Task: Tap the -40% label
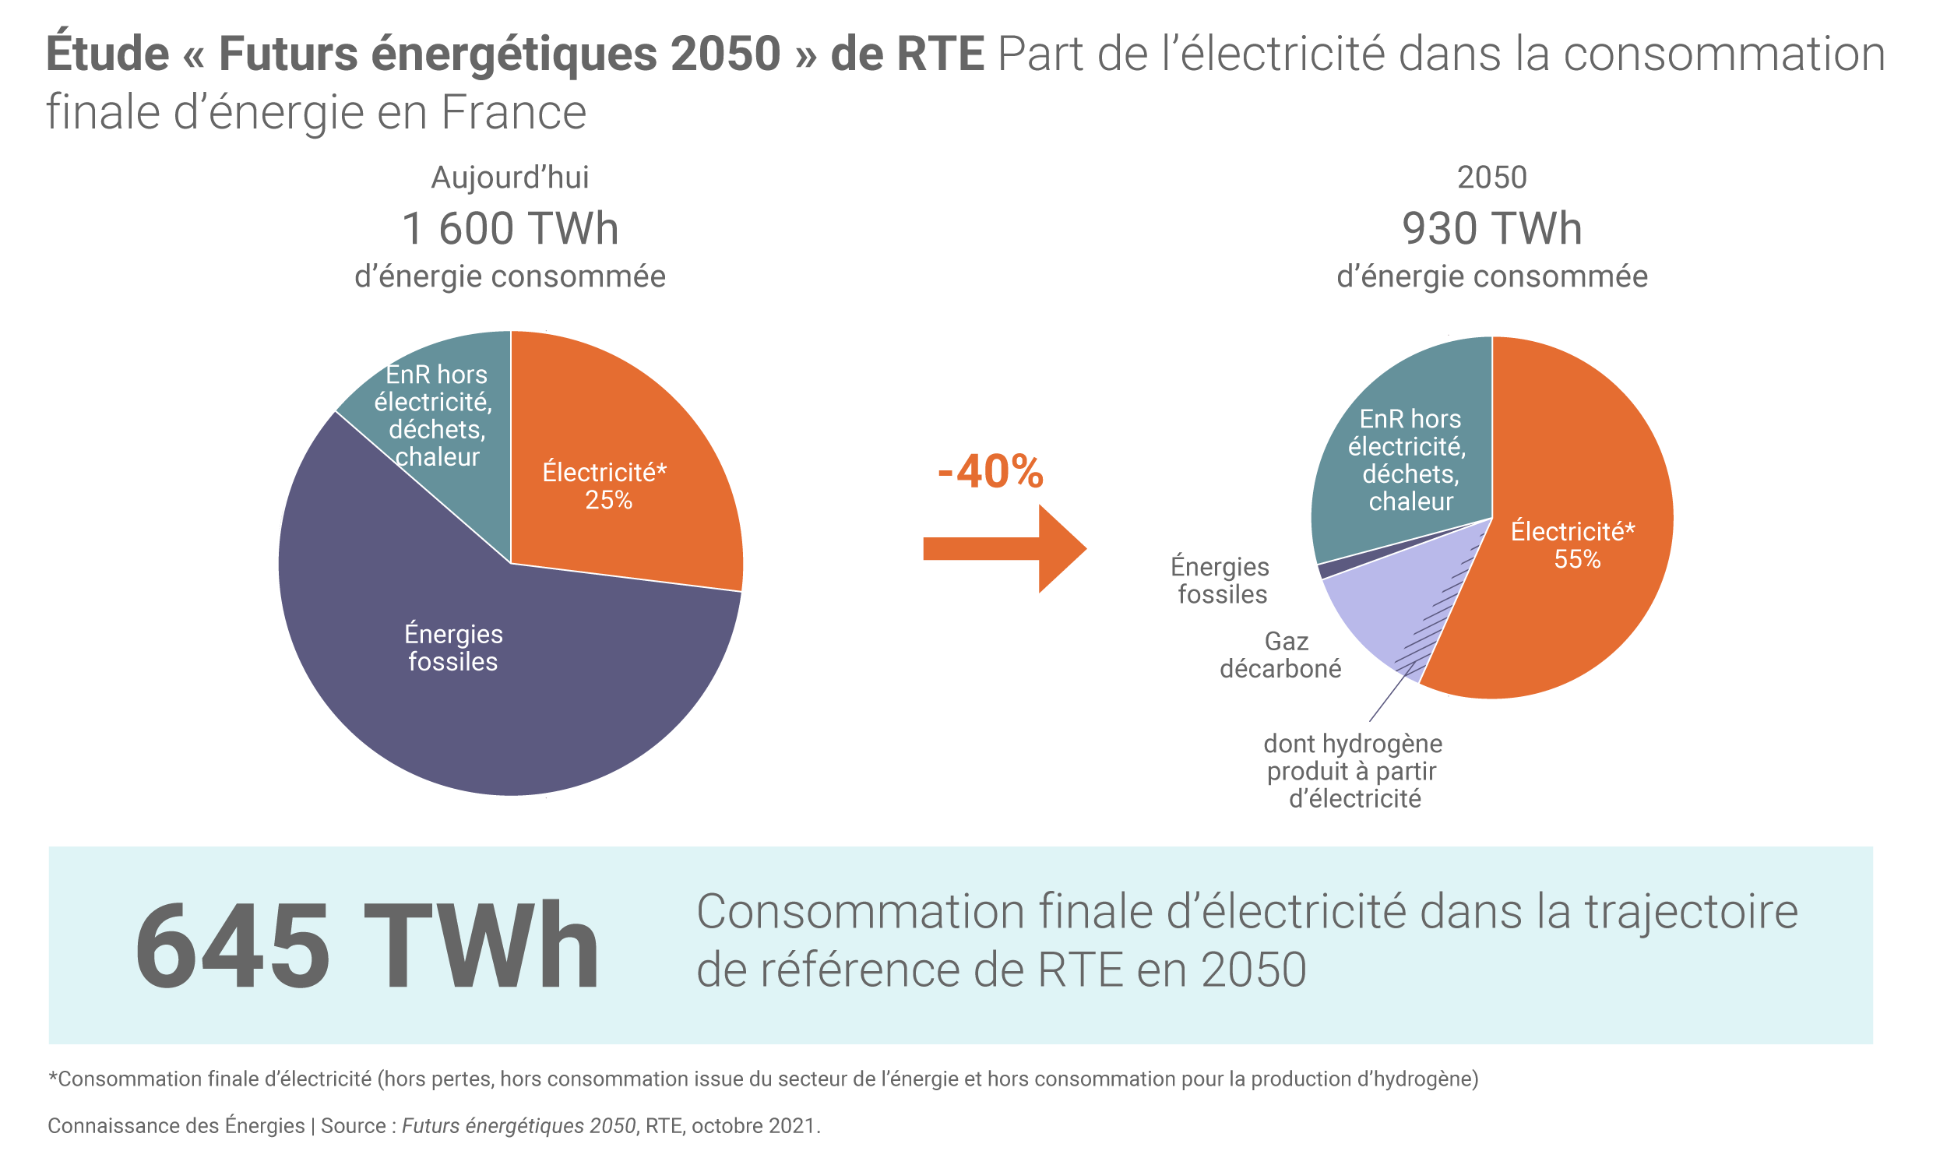click(x=990, y=472)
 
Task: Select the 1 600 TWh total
click(x=510, y=229)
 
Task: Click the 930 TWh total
click(x=1491, y=229)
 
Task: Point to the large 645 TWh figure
click(x=367, y=947)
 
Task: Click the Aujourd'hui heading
click(x=510, y=178)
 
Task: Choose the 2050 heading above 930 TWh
click(x=1491, y=178)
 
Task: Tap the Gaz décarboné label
click(x=1280, y=655)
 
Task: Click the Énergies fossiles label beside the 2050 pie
click(x=1221, y=580)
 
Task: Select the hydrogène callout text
click(x=1354, y=770)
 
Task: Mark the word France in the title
click(x=513, y=112)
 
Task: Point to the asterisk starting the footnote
click(x=53, y=1077)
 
